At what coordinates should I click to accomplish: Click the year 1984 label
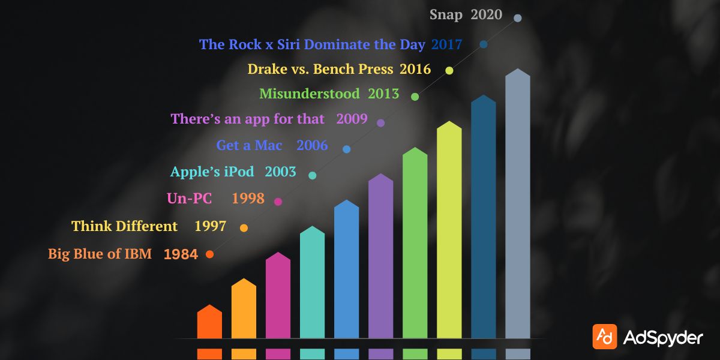point(181,254)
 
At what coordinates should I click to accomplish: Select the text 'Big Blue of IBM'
point(100,254)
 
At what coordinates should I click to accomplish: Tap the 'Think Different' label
point(124,226)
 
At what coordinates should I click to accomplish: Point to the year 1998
point(248,199)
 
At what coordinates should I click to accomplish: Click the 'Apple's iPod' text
point(212,172)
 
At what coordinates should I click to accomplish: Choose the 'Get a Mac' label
point(249,145)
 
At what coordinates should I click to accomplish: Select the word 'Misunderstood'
point(309,94)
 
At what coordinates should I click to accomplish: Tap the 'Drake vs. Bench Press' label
point(320,69)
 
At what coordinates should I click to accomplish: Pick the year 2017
point(446,44)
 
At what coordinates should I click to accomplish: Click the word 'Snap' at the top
point(446,15)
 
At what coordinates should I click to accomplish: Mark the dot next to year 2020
point(518,18)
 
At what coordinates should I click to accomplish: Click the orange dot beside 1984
point(209,254)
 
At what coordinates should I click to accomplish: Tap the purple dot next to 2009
point(380,123)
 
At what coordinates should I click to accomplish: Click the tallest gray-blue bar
point(518,204)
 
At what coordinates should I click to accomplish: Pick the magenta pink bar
point(278,297)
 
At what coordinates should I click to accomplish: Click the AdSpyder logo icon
point(604,337)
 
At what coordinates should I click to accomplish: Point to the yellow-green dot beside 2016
point(449,71)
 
